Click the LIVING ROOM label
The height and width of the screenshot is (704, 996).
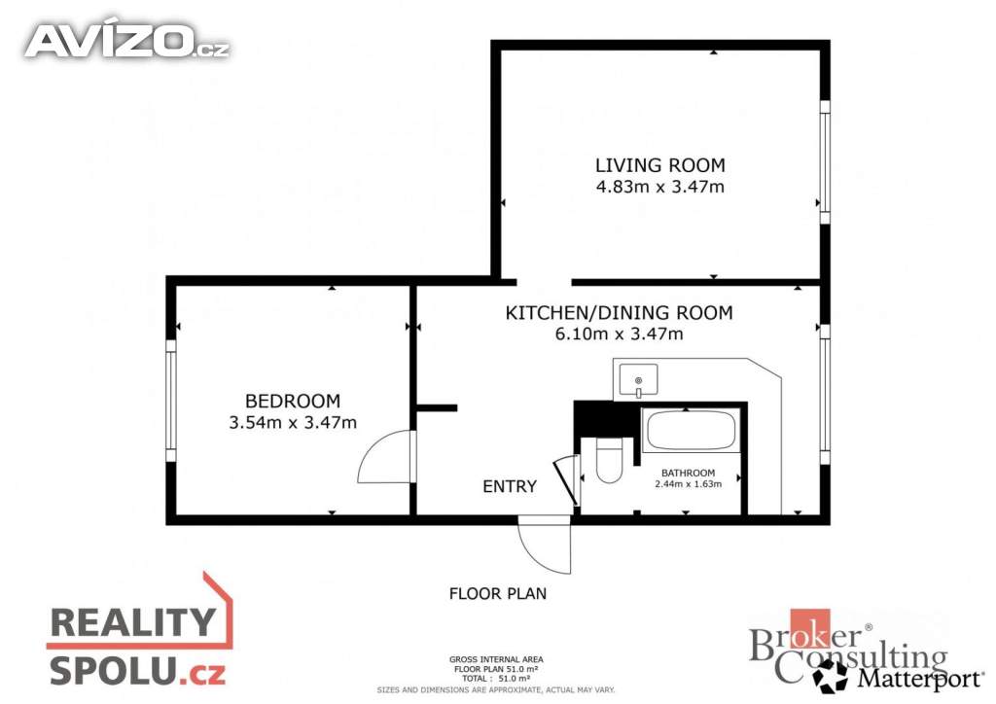click(x=660, y=165)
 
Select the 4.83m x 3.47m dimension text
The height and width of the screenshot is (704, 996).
click(x=660, y=187)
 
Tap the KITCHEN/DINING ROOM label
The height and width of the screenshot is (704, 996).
click(x=619, y=313)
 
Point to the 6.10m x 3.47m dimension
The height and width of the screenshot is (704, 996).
click(x=619, y=334)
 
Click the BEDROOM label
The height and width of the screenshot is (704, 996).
click(x=293, y=402)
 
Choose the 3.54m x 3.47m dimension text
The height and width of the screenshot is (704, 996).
click(x=293, y=422)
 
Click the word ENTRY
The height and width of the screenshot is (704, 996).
click(x=510, y=486)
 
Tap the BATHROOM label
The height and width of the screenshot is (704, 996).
click(x=688, y=473)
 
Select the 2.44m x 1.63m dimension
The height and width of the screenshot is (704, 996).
click(x=688, y=483)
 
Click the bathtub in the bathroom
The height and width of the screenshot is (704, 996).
click(x=691, y=431)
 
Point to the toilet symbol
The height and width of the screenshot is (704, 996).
click(x=609, y=460)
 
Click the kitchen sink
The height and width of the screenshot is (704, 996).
click(x=638, y=381)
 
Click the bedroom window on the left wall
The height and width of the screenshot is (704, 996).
click(x=171, y=400)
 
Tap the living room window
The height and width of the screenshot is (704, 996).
click(x=825, y=161)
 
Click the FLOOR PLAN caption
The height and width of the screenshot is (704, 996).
click(x=498, y=593)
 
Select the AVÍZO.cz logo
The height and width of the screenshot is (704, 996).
click(x=127, y=41)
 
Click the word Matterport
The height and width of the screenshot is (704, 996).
click(x=920, y=678)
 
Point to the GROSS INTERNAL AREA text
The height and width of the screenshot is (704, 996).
click(x=496, y=659)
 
